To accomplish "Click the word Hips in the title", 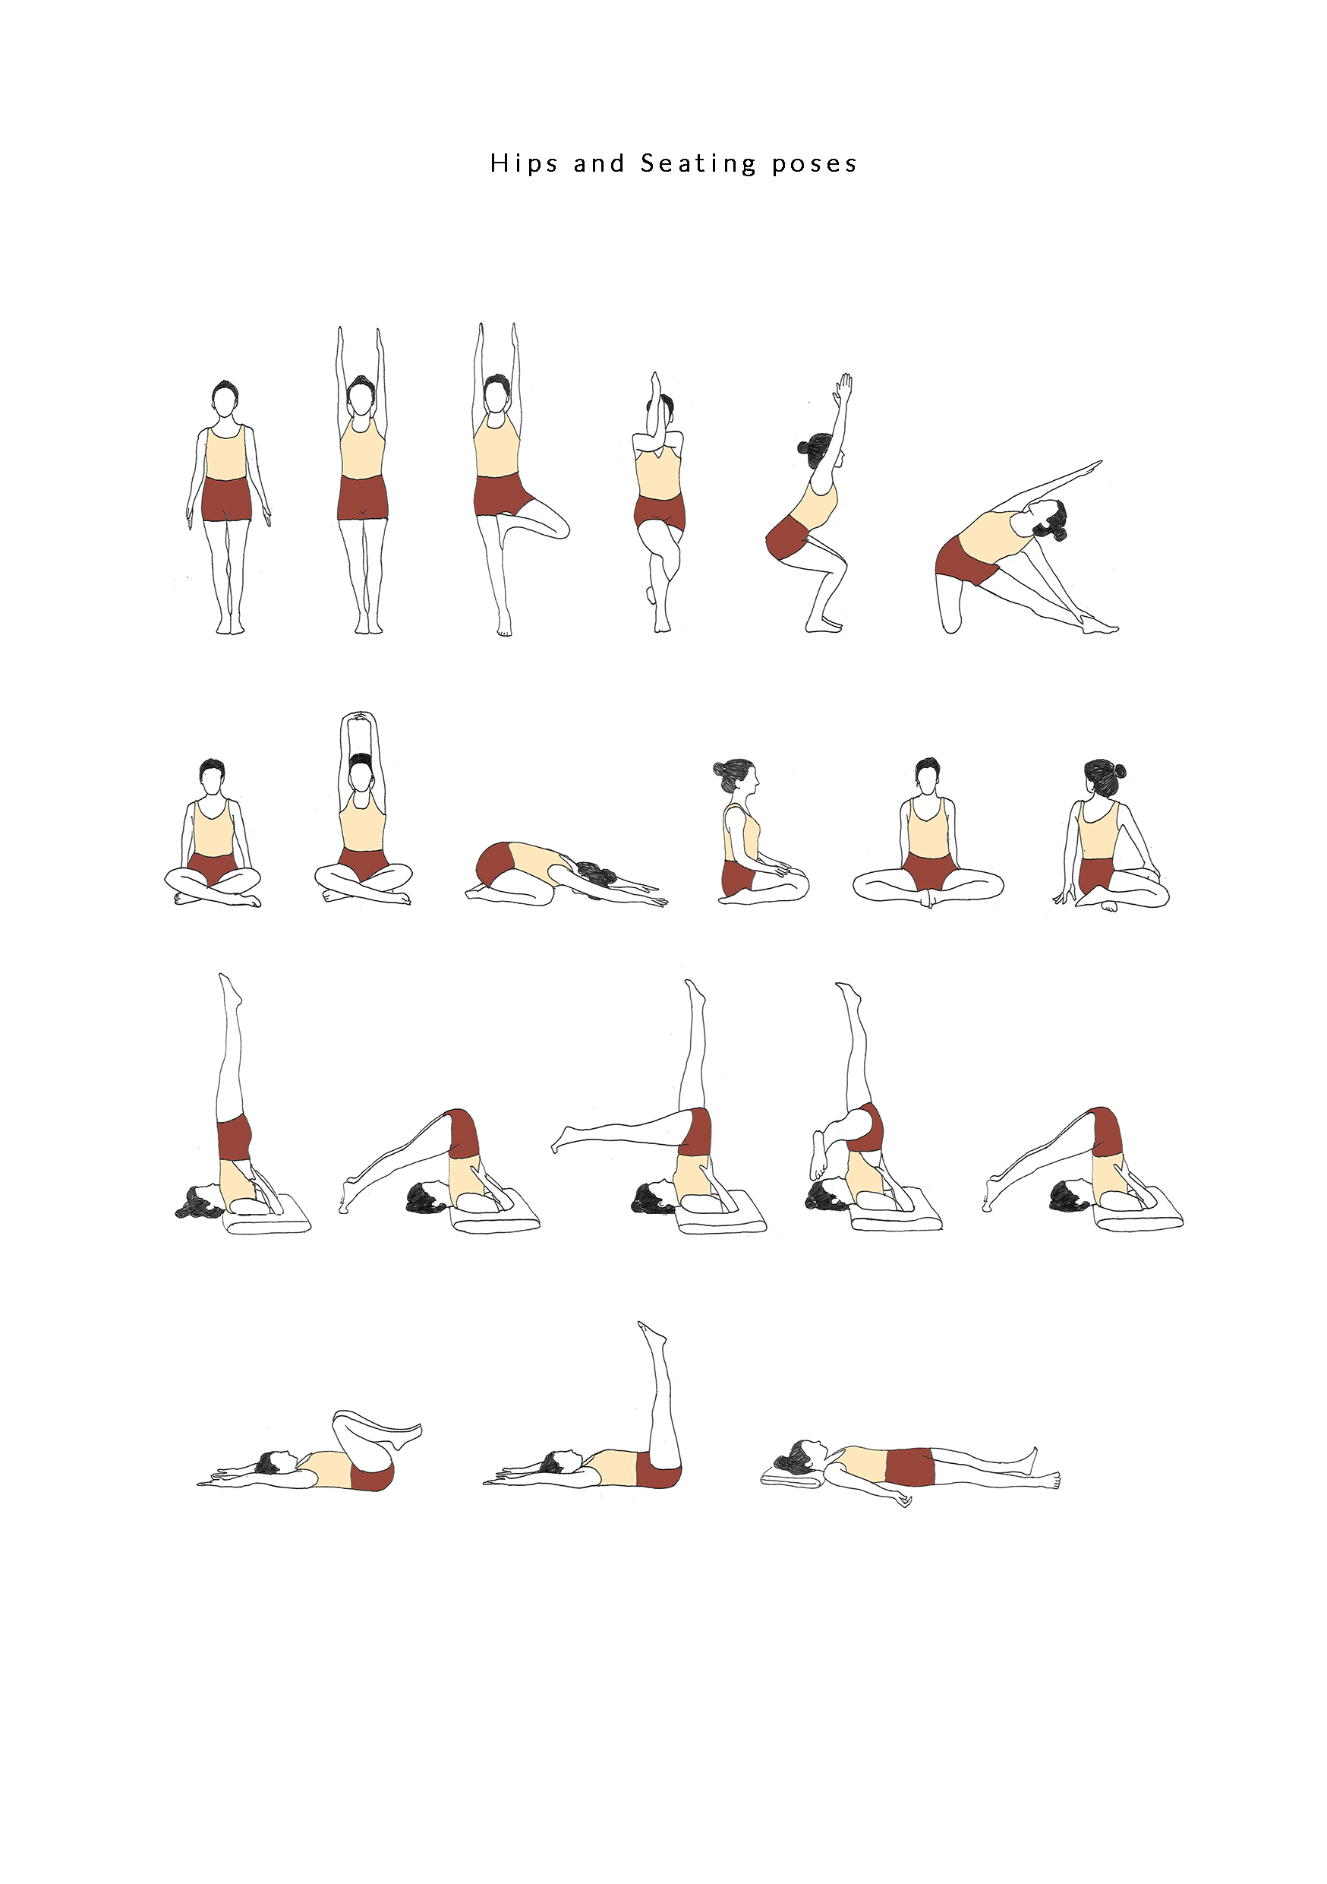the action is coord(523,164).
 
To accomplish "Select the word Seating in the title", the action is coord(698,164).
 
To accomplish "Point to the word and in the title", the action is coord(599,163).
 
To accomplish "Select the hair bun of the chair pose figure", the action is coord(803,448).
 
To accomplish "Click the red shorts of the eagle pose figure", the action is coord(659,512).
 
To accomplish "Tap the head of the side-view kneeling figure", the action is coord(738,776).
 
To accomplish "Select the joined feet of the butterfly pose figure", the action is coord(928,899).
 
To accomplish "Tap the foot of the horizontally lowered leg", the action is coord(562,1138).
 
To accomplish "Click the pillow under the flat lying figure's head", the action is coord(792,1478).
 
